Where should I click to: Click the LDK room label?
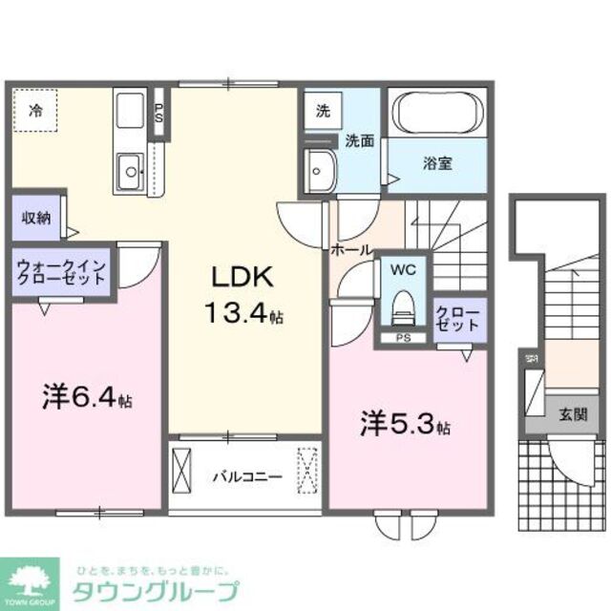tap(242, 278)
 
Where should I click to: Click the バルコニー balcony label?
tap(246, 474)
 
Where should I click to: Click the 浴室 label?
tap(438, 162)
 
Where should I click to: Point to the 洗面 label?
tap(359, 140)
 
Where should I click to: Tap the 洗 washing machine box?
tap(323, 110)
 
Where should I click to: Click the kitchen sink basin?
tap(127, 175)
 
